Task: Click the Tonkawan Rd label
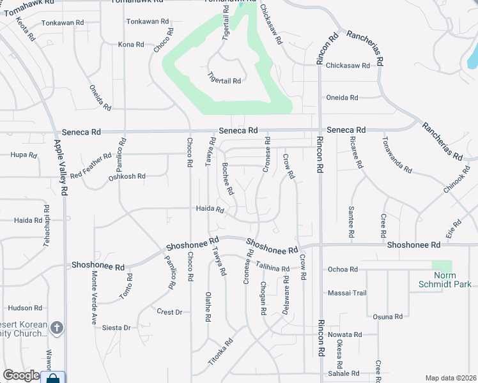[x=63, y=22]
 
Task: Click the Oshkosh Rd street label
[x=127, y=176]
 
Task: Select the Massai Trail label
[x=348, y=293]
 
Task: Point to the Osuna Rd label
[x=388, y=316]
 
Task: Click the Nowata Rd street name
[x=344, y=334]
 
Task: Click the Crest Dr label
[x=169, y=312]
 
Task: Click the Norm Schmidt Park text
[x=445, y=281]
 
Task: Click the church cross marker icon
[x=57, y=328]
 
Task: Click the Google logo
[x=21, y=376]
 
